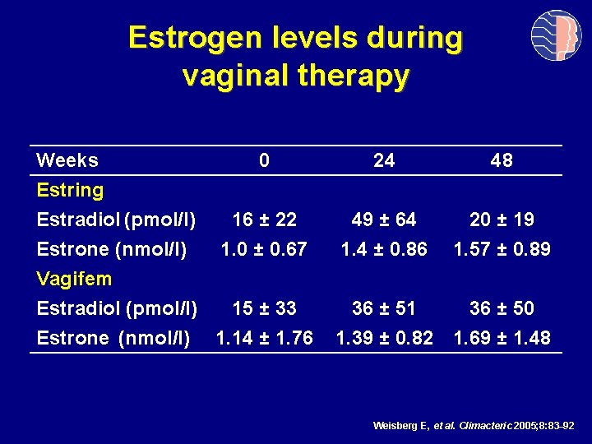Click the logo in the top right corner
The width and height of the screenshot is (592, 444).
pos(556,36)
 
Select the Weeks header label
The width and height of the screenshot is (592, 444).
pos(67,160)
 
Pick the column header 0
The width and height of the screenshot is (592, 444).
pos(263,160)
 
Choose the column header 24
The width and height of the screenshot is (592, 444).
pos(383,160)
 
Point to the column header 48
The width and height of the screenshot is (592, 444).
pos(501,160)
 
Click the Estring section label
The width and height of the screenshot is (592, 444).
pos(71,191)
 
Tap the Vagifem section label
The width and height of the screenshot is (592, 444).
pos(74,279)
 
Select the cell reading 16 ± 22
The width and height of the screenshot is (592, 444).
pos(264,220)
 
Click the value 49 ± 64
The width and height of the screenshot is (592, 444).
pos(384,220)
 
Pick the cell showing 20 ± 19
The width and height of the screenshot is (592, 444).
pos(502,220)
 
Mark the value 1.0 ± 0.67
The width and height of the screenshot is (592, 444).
pos(264,249)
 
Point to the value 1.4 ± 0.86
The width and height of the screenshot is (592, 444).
pos(384,249)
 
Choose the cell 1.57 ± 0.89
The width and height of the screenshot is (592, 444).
pos(502,249)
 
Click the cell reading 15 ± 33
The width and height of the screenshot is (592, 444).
pos(264,308)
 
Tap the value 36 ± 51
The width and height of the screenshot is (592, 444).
pos(384,308)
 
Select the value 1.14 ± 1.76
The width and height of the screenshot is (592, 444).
pos(264,338)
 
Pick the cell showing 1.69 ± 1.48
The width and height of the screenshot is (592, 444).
pos(502,338)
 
